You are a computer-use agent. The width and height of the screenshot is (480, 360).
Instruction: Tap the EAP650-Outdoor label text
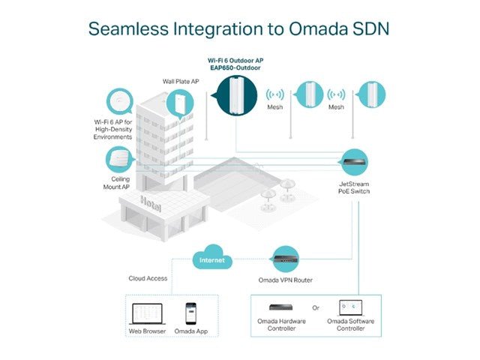[235, 68]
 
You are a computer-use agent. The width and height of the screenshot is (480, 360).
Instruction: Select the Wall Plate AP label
[181, 81]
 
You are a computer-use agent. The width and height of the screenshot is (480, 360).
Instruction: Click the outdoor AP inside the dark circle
[236, 94]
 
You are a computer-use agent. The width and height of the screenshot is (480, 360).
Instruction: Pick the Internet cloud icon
[211, 259]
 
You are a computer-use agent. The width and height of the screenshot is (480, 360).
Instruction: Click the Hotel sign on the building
[151, 203]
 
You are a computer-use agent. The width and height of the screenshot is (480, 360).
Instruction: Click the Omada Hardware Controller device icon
[281, 307]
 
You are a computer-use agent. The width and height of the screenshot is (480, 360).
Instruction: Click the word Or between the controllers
[316, 307]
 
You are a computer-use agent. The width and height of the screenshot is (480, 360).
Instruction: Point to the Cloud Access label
[147, 278]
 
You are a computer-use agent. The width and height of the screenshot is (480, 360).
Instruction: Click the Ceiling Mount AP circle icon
[118, 160]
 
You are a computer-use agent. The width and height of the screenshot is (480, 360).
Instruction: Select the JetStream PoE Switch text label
[354, 187]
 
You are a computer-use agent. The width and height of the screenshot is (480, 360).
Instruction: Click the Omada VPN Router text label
[289, 280]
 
